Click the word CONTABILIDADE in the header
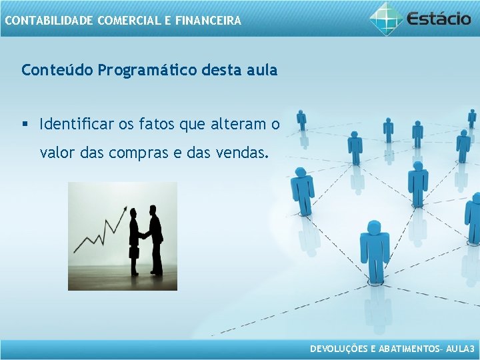(49, 21)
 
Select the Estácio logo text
(439, 18)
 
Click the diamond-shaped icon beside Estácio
(387, 17)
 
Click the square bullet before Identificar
(25, 124)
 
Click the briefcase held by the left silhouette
(133, 253)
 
